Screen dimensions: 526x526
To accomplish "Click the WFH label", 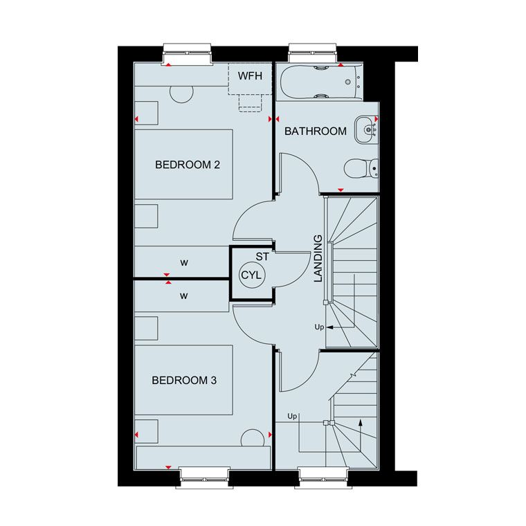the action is [x=250, y=76].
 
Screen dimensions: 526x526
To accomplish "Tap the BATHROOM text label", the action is [x=316, y=131].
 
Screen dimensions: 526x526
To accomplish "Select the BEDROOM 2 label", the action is [x=188, y=165].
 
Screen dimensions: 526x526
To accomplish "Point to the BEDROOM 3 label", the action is [x=184, y=381].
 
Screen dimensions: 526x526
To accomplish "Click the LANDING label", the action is [x=318, y=258].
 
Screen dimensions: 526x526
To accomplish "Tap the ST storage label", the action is [x=262, y=257].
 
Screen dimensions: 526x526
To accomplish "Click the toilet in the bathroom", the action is [x=361, y=167].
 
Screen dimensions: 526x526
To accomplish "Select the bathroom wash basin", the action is [x=367, y=129].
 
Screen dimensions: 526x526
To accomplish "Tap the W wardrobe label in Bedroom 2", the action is [x=184, y=263].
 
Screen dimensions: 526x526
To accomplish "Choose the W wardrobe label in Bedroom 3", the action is [x=184, y=296].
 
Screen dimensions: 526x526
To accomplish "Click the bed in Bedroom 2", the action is [x=184, y=165].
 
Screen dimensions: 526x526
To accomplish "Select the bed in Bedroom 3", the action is [x=184, y=380].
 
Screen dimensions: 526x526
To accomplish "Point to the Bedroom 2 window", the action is [x=187, y=54].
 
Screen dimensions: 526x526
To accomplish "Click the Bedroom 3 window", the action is [x=204, y=478].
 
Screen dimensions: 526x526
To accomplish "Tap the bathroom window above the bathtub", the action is [x=313, y=53].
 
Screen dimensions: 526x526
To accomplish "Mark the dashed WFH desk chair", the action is [x=251, y=103].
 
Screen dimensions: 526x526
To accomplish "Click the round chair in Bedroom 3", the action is [x=252, y=438].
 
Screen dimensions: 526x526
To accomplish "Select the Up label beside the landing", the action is [x=319, y=327].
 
